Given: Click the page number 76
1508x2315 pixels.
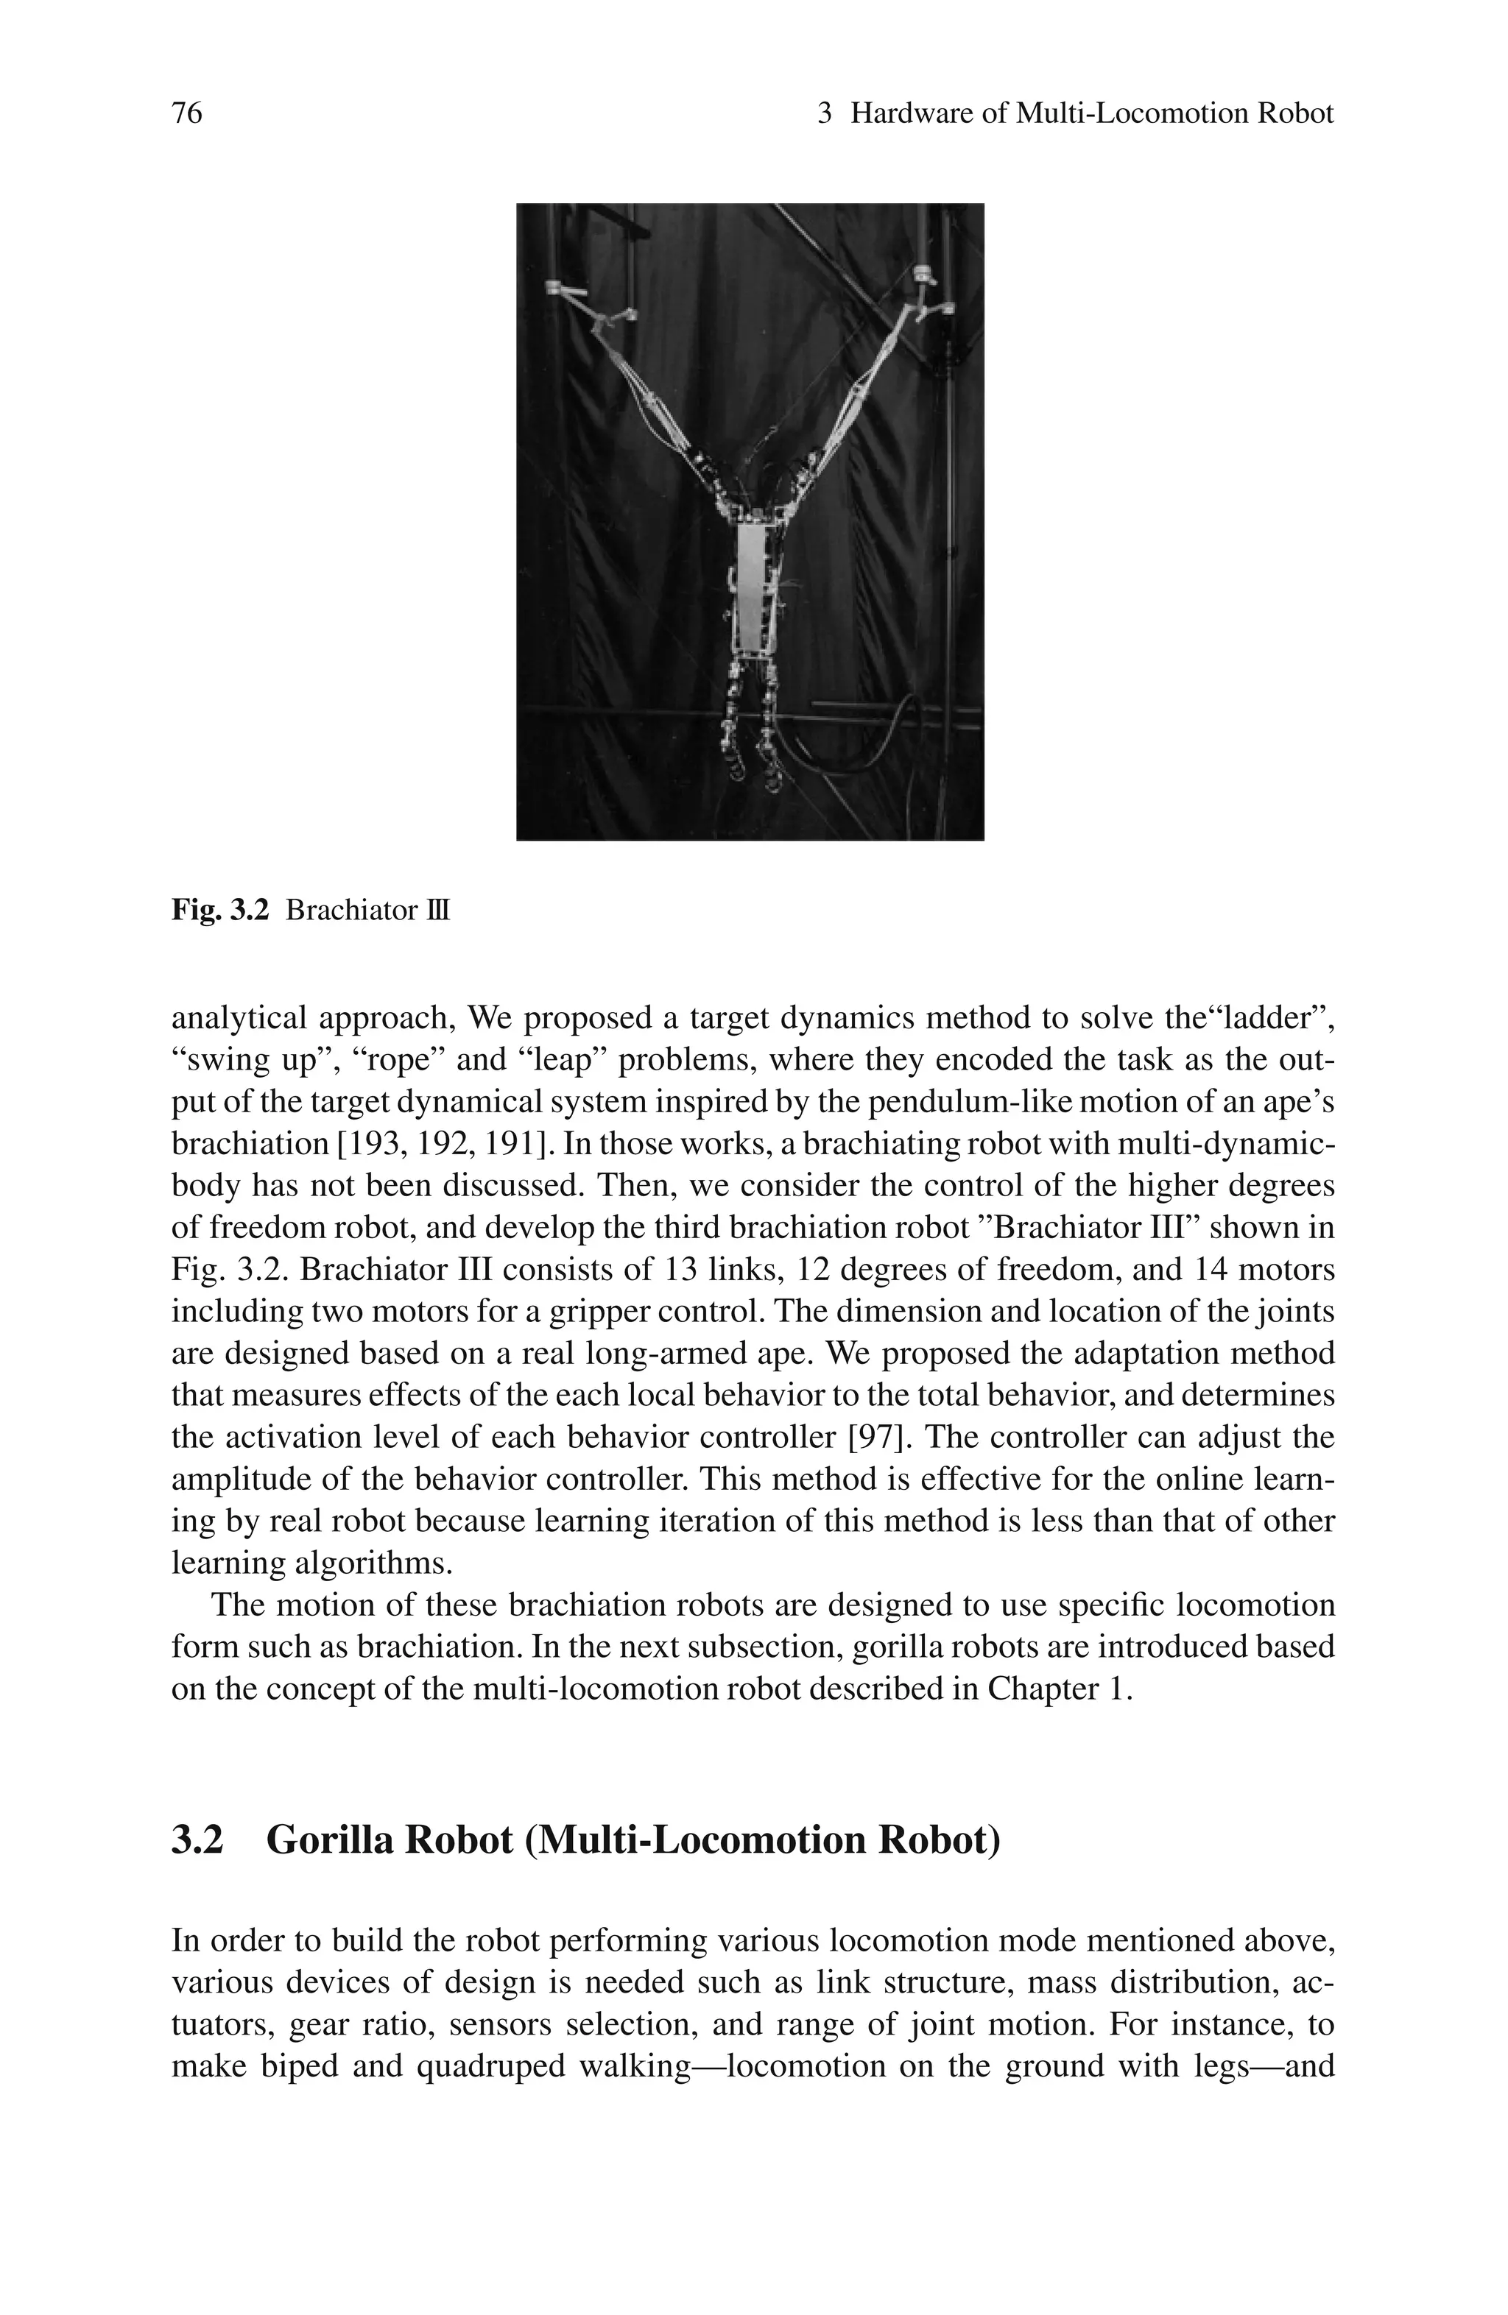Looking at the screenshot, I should click(x=187, y=114).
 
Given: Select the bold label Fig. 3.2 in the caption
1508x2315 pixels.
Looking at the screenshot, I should click(x=219, y=911).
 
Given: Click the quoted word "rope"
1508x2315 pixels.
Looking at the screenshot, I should click(x=401, y=1060).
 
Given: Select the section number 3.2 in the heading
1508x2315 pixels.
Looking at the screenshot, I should click(x=197, y=1840).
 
